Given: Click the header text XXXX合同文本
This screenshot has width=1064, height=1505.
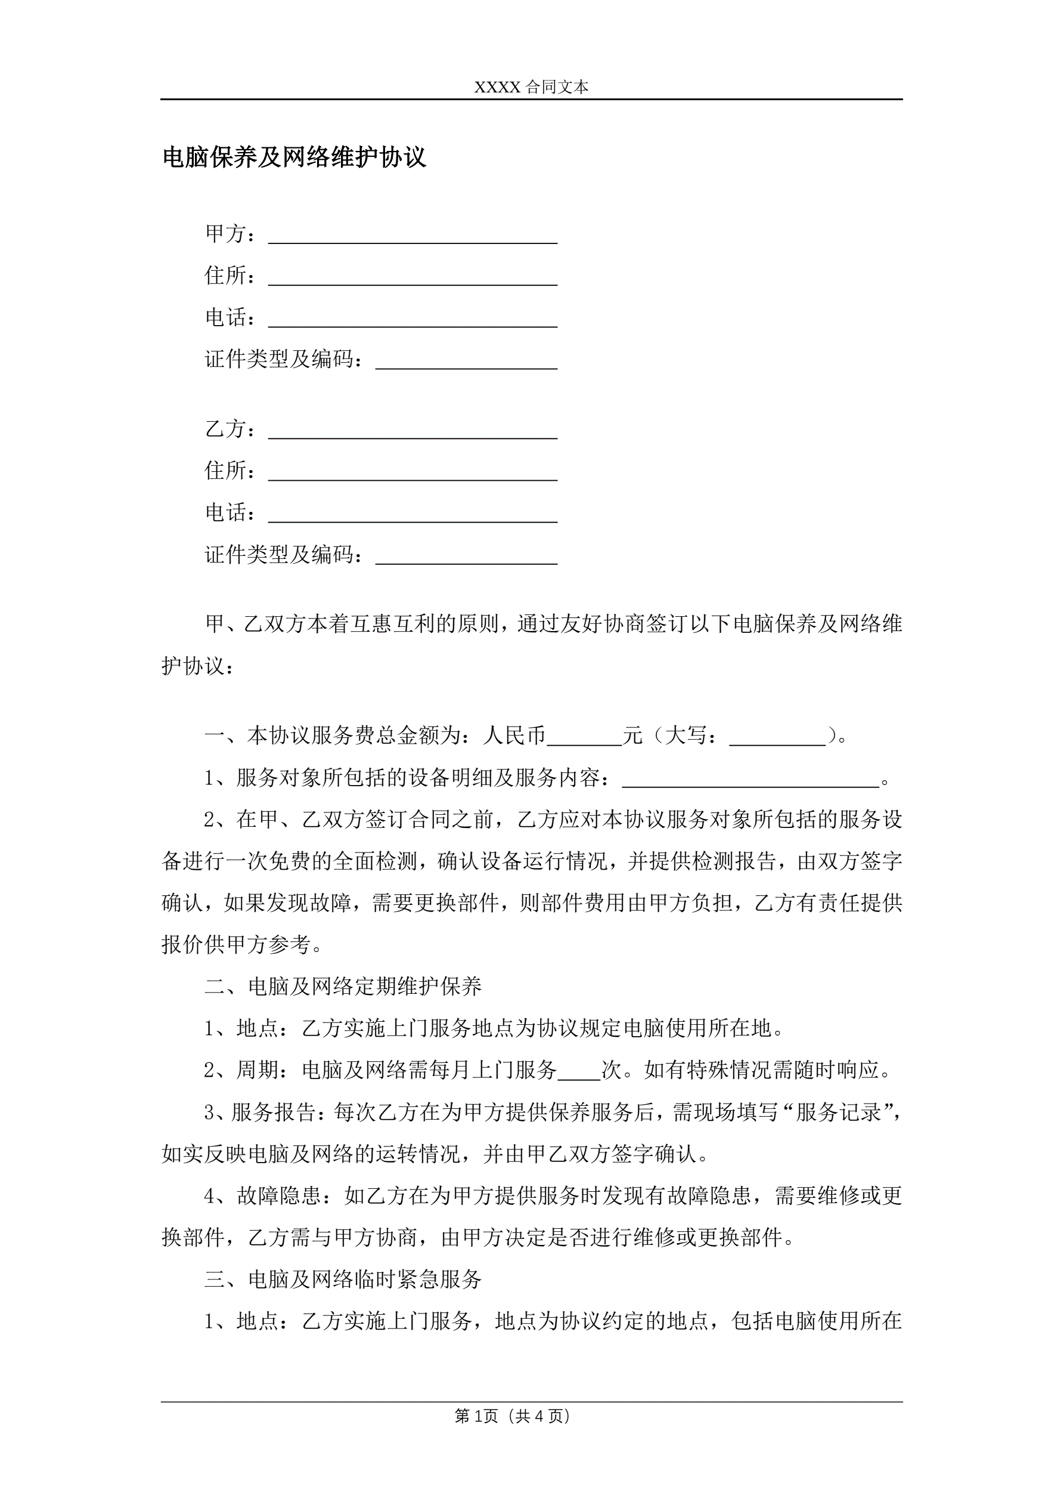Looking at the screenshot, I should [x=531, y=87].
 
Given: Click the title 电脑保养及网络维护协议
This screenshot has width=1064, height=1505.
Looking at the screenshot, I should [x=294, y=157].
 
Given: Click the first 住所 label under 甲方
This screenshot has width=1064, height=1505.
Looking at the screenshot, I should [x=225, y=276].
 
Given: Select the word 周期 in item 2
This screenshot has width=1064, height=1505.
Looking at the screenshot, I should [x=257, y=1070].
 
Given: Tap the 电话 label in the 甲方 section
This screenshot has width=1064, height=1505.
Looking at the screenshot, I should [x=225, y=317].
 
